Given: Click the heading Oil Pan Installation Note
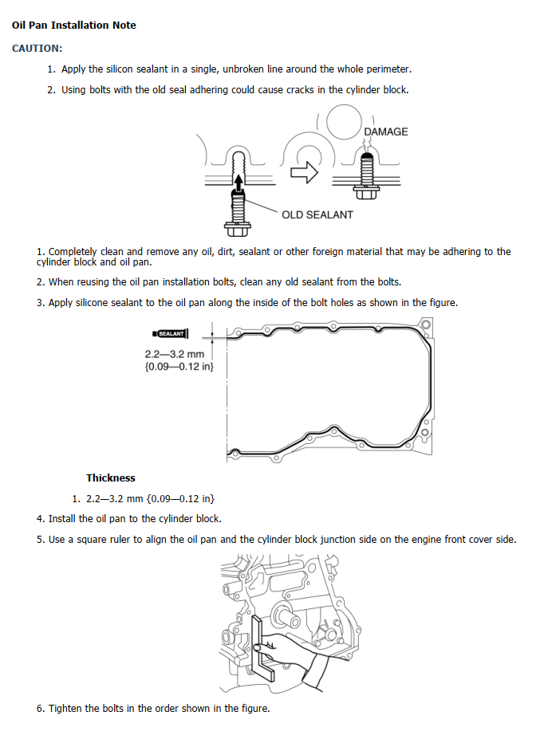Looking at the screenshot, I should [74, 26].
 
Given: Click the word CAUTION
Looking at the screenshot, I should [37, 49].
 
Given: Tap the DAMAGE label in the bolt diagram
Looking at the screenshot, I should [385, 132].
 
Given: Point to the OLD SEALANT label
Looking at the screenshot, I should [317, 214].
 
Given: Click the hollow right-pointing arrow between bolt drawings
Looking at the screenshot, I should [305, 172].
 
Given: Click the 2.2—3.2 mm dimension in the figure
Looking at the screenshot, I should [175, 354].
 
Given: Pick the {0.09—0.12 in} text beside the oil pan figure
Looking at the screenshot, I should [179, 367].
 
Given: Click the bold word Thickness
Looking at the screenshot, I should [111, 478].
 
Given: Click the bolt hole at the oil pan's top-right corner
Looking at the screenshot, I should [425, 324].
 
